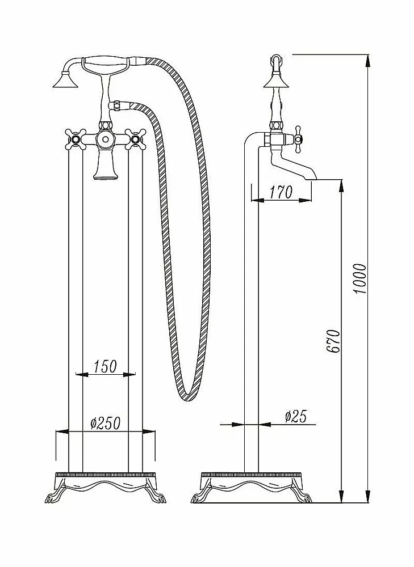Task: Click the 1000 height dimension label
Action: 359,279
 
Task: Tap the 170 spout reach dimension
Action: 281,192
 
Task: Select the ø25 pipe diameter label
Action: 295,416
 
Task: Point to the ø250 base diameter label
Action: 105,423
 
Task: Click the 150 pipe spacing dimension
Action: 106,366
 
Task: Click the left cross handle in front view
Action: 76,139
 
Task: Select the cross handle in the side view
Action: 298,139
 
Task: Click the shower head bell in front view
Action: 66,80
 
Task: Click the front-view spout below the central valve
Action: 106,164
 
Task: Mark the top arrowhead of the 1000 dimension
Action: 368,60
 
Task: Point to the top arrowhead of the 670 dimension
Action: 341,185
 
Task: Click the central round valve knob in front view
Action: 105,139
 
